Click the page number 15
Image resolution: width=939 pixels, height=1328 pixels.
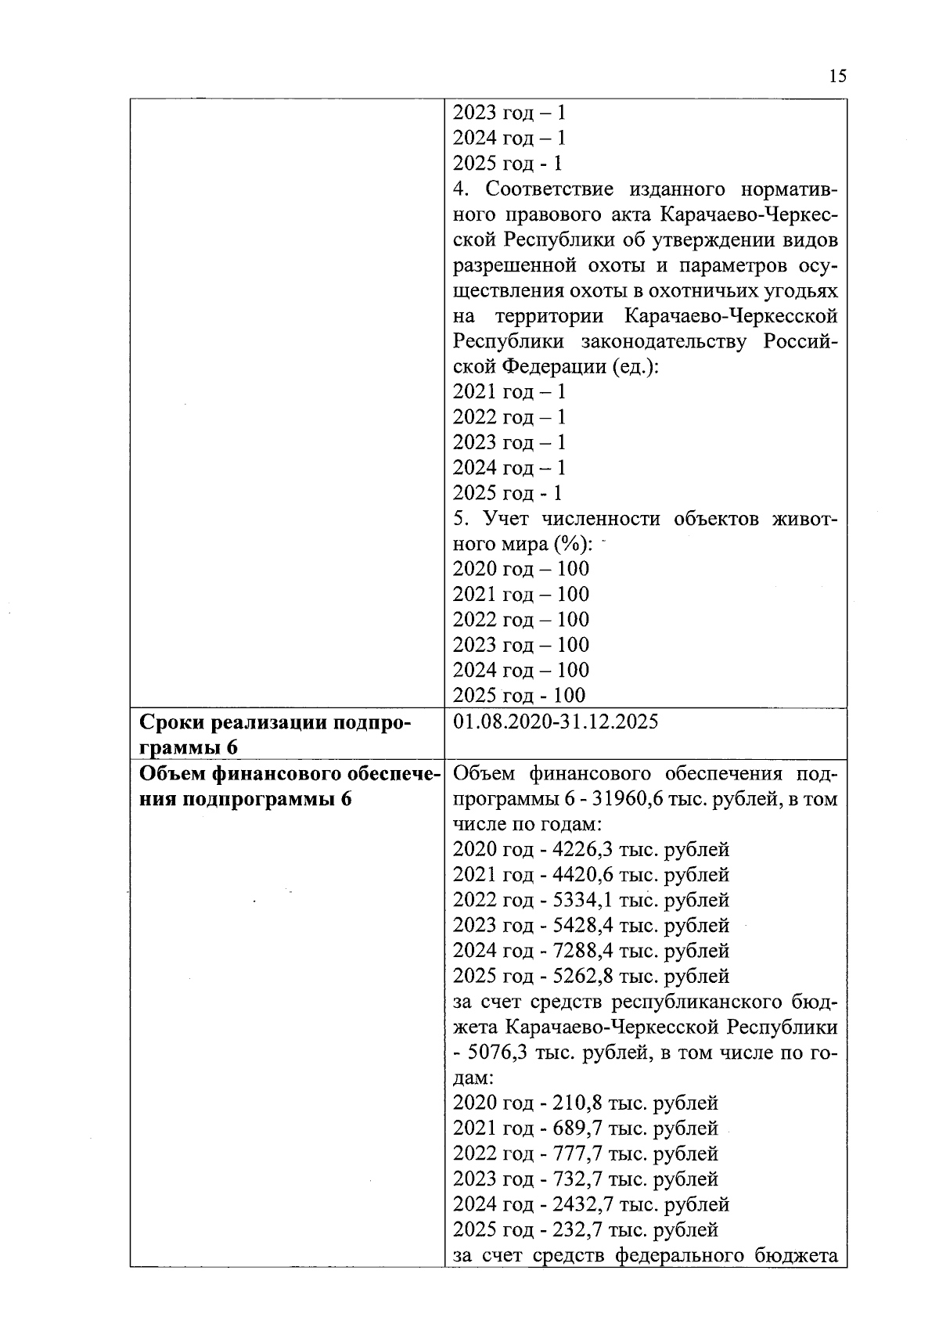(836, 76)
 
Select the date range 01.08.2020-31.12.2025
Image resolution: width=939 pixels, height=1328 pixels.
(556, 722)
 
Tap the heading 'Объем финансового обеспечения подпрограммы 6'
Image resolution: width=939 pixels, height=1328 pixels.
(286, 786)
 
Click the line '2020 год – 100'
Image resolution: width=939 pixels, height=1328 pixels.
(521, 569)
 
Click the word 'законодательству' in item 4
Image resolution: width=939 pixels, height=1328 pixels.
(664, 341)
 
